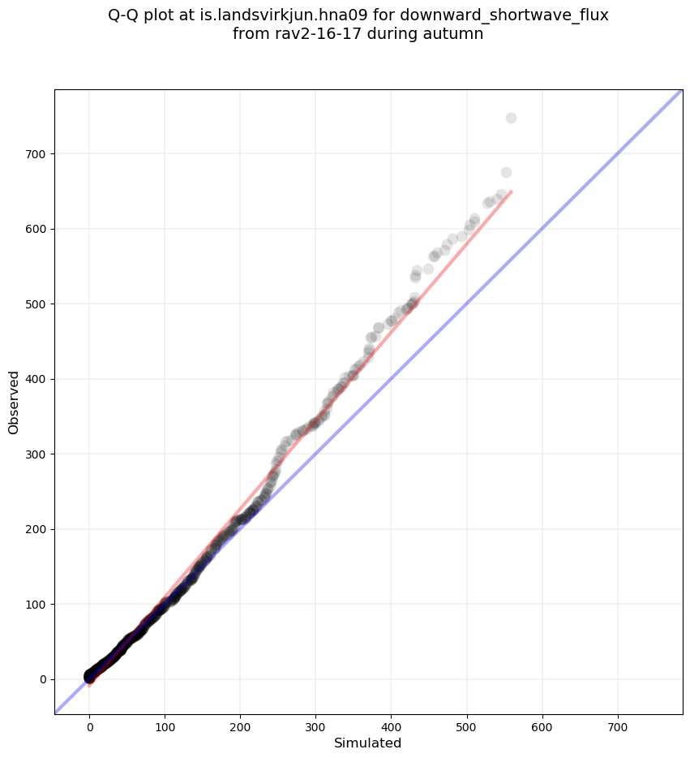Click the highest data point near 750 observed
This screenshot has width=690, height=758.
511,118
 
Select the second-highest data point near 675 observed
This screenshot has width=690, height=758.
506,172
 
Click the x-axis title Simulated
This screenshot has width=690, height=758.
368,743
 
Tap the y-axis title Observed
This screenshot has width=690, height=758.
14,402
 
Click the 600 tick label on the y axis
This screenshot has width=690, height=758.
36,229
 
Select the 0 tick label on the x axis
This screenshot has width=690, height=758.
89,718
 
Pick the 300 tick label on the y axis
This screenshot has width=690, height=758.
36,454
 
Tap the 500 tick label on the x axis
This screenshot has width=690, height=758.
467,718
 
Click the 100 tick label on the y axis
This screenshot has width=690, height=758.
36,604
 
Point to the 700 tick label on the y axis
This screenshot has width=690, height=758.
36,153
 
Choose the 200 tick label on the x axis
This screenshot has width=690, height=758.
240,718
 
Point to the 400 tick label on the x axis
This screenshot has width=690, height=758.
392,718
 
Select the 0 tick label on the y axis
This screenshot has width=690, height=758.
42,679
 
